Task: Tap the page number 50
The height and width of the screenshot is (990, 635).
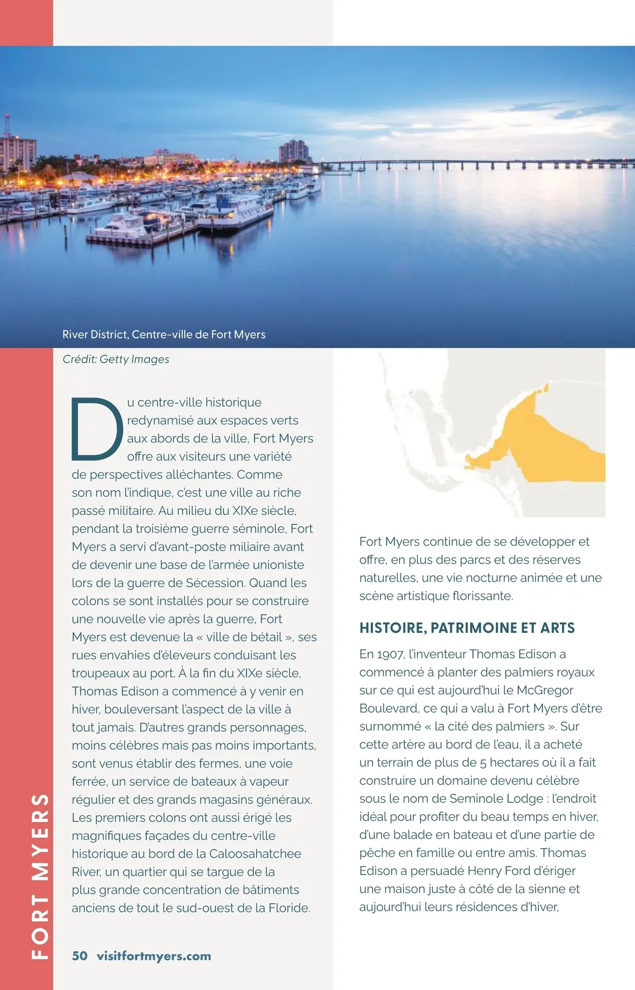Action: [80, 956]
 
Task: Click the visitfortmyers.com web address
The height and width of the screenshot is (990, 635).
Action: [154, 956]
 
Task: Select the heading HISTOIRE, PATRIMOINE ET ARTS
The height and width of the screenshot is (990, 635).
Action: [467, 628]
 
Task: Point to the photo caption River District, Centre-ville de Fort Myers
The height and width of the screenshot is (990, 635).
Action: [164, 335]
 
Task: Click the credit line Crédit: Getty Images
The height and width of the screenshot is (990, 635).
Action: [116, 359]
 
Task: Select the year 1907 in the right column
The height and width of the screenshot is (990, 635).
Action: [389, 654]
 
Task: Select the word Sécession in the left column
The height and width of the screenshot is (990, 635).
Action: [215, 583]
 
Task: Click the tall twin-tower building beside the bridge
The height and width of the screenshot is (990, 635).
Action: [294, 151]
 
